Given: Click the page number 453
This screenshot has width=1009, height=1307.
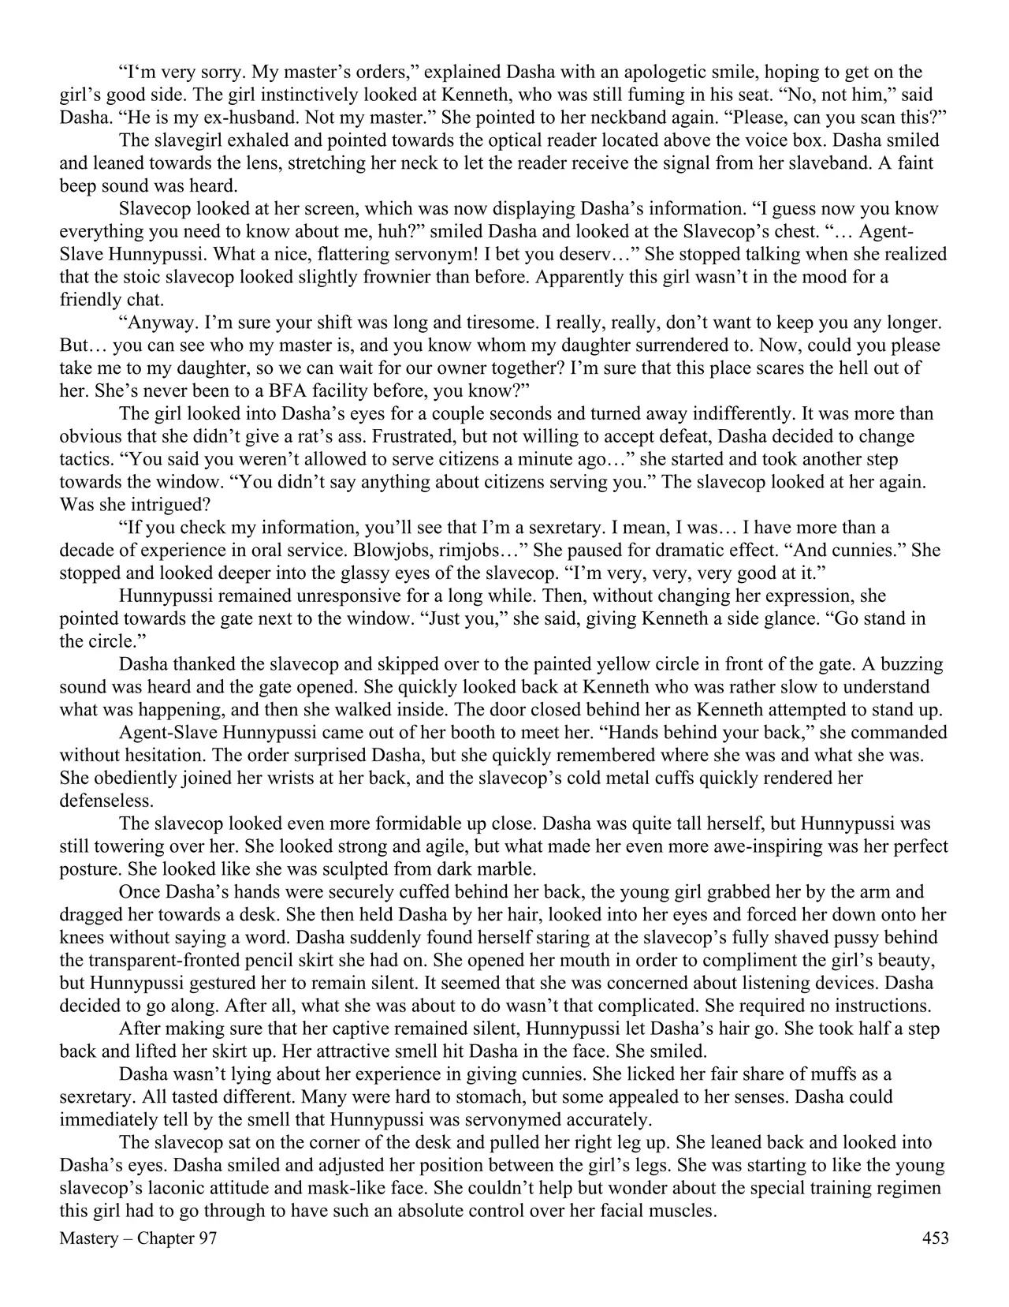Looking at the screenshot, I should (x=935, y=1238).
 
